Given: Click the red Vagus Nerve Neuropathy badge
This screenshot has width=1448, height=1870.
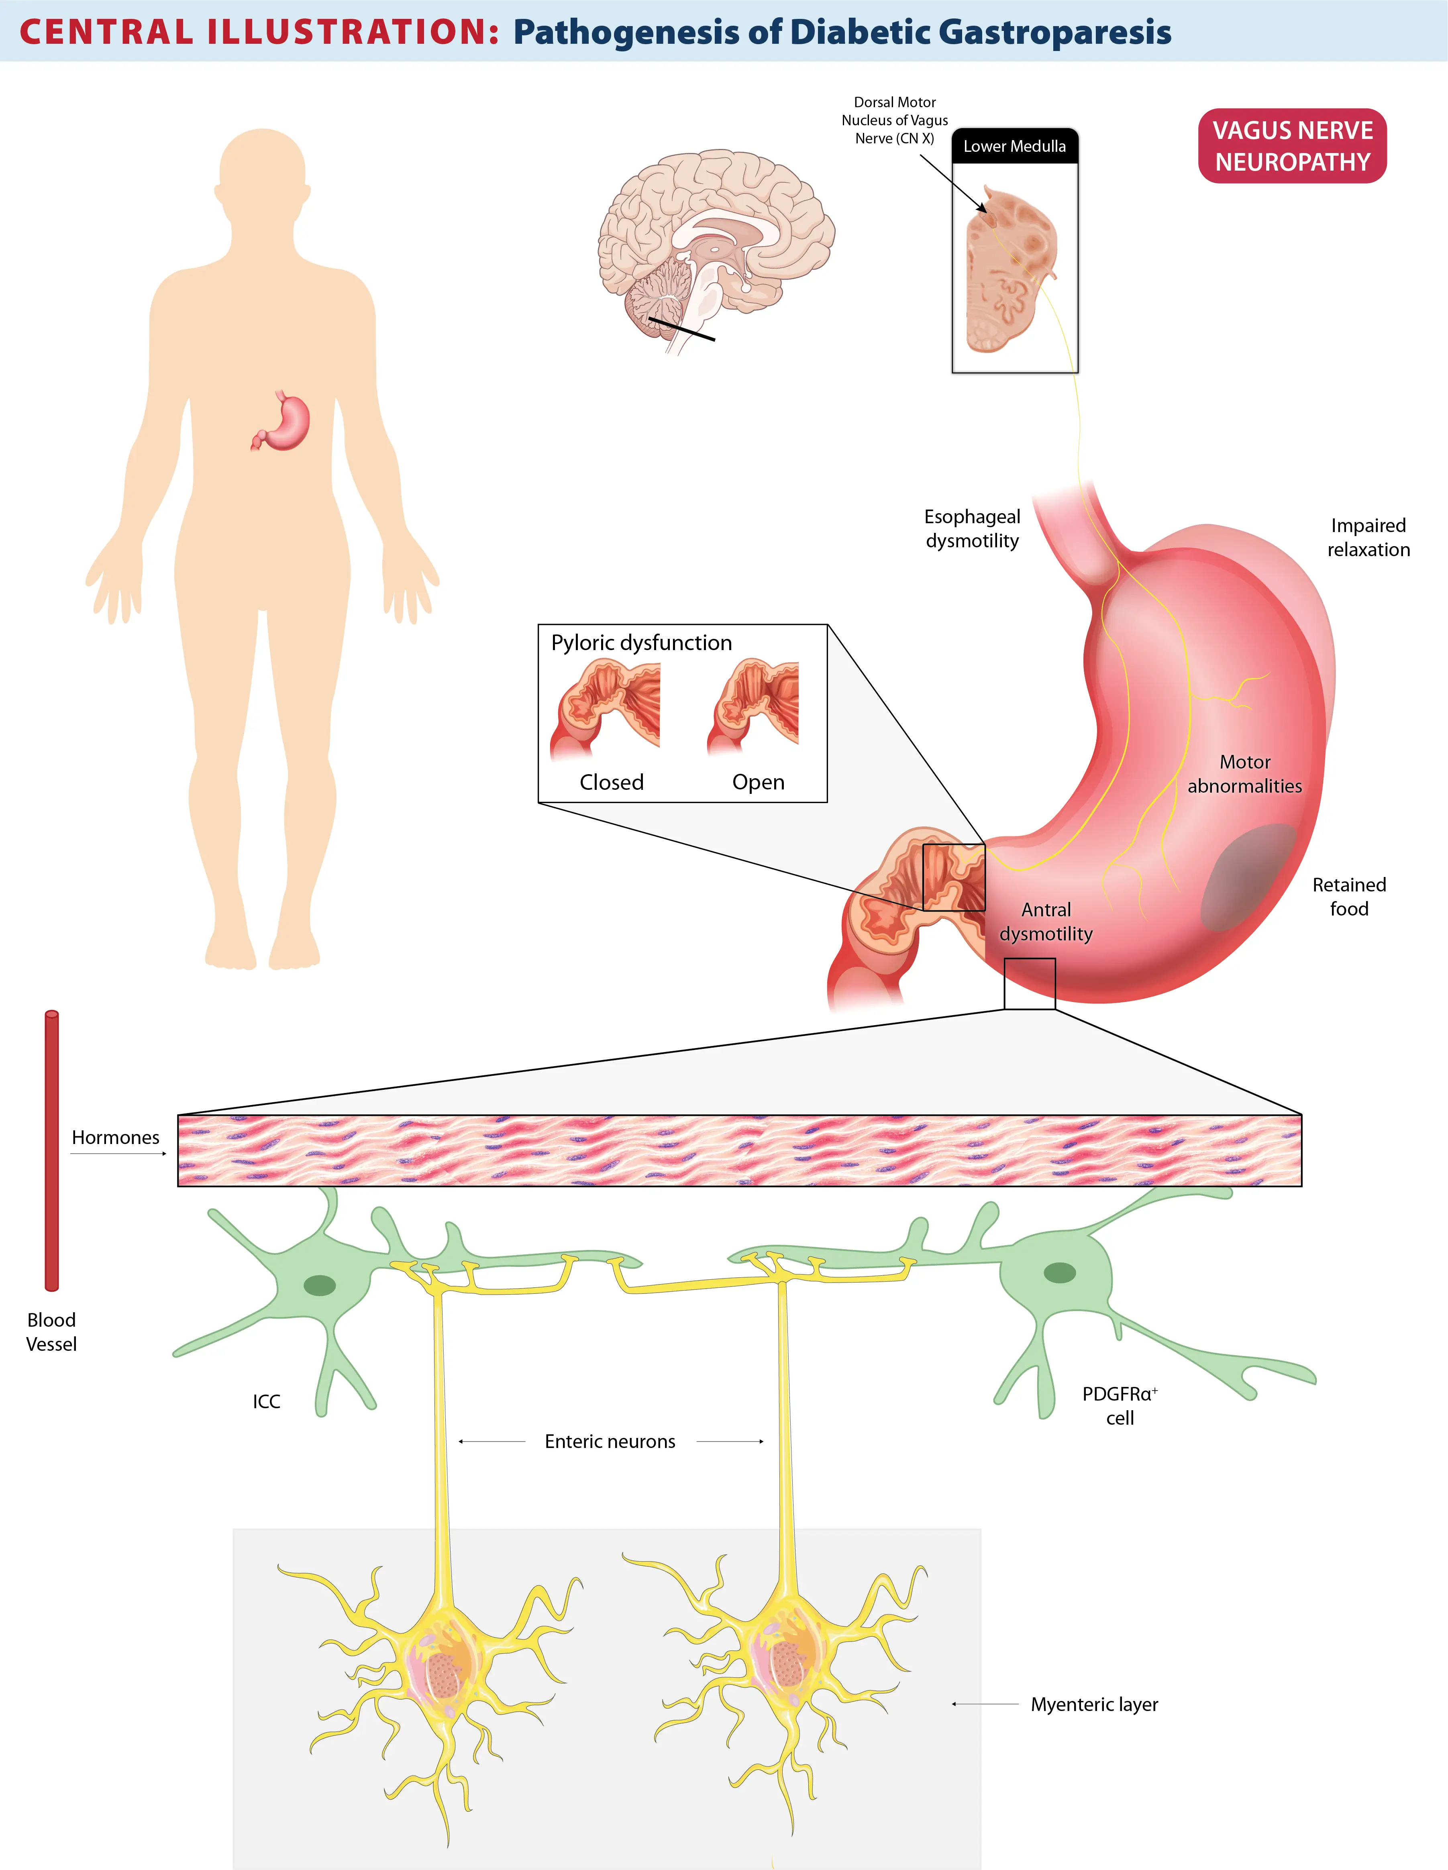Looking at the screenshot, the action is click(1292, 145).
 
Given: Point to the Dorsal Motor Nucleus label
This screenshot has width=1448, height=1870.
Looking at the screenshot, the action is click(895, 120).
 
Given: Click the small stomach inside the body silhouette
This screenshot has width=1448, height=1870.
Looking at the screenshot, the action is click(281, 421).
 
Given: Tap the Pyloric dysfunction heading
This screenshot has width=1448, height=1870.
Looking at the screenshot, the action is click(641, 643).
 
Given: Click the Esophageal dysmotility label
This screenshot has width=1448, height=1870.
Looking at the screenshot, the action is click(972, 528).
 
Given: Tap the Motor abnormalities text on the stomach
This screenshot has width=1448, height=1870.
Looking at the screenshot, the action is click(1244, 774).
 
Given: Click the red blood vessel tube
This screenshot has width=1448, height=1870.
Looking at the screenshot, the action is click(51, 1150).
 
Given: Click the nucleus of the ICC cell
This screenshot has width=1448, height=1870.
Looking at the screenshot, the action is click(319, 1285).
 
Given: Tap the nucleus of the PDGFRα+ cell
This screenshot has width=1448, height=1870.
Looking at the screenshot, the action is click(1059, 1272).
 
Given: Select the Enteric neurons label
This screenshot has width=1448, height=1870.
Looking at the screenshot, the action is click(610, 1441).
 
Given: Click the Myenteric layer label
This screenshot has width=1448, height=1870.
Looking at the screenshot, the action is click(1094, 1704).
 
